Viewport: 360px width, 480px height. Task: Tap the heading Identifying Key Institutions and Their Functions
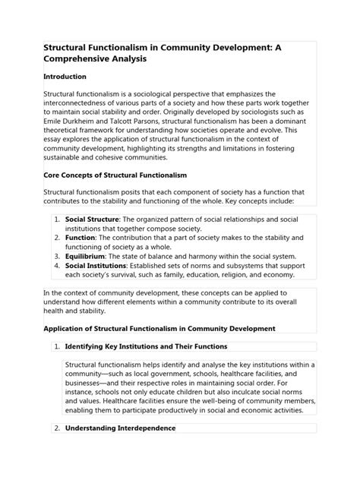(152, 368)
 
